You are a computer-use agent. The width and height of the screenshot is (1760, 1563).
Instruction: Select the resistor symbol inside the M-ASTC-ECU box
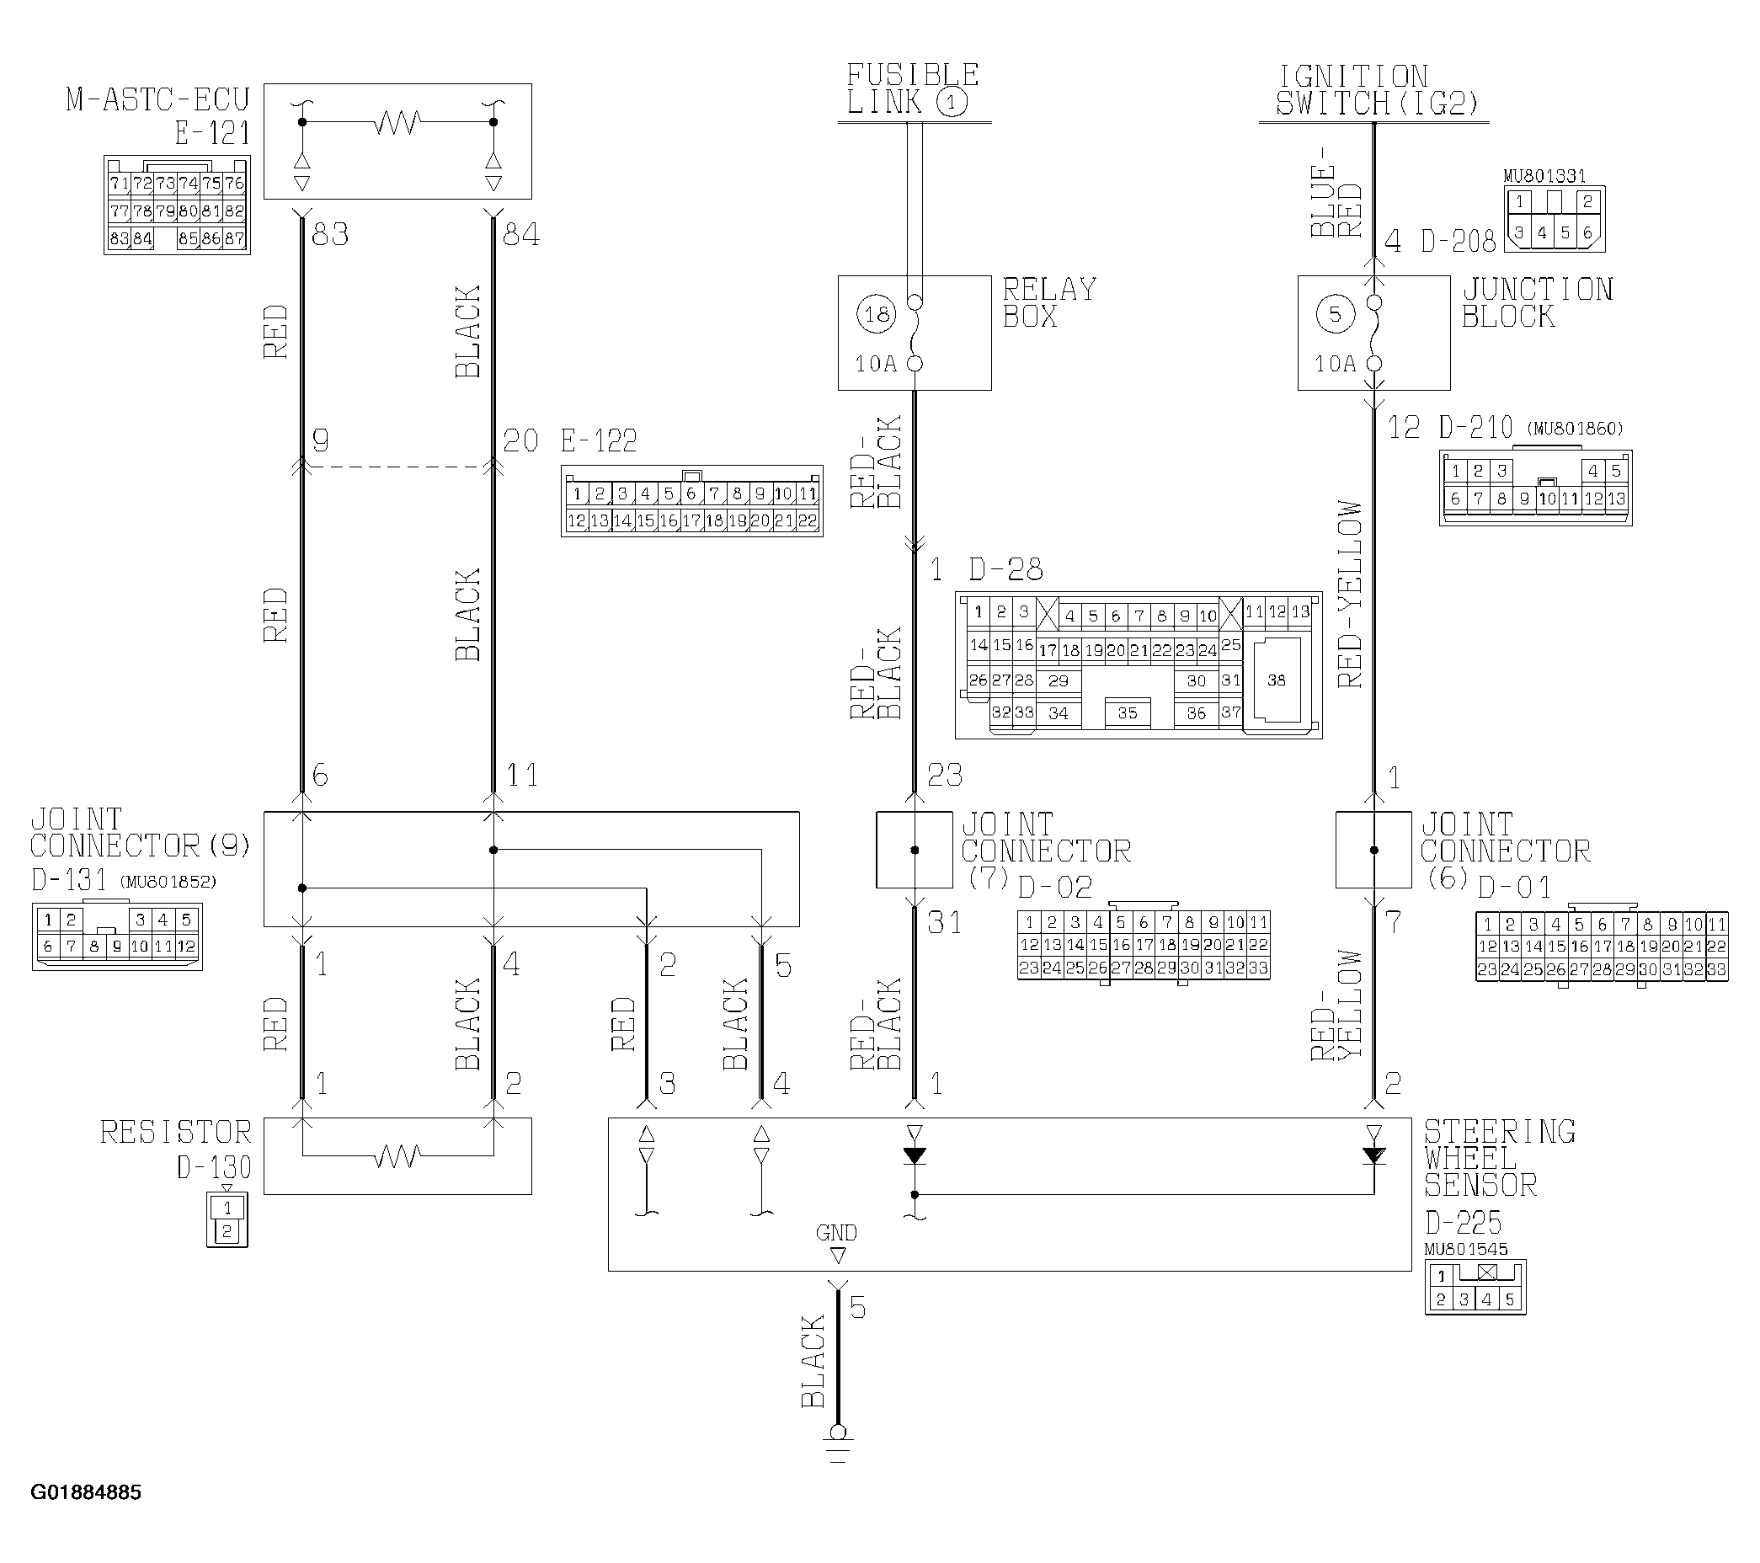click(397, 122)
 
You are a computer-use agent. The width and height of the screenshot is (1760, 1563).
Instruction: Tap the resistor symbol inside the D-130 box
click(397, 1155)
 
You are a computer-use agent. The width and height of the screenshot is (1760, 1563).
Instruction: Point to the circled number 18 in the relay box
click(877, 314)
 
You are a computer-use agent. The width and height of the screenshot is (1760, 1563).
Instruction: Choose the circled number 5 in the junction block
click(1336, 314)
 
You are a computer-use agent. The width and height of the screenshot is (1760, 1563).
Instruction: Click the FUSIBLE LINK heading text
click(913, 88)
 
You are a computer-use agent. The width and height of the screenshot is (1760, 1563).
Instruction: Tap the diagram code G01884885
click(86, 1492)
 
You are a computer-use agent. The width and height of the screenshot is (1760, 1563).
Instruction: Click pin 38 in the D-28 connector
click(1276, 680)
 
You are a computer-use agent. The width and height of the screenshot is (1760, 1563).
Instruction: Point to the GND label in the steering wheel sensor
click(836, 1233)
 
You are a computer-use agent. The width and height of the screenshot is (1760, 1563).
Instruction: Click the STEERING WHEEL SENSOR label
click(1499, 1158)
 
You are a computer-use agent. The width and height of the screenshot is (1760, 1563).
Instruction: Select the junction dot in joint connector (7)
click(915, 850)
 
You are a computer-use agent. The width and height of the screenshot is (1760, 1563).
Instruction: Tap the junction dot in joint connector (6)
click(1374, 850)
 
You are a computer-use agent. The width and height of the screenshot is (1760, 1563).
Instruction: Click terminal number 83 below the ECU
click(331, 234)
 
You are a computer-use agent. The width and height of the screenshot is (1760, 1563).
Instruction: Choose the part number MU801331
click(1544, 177)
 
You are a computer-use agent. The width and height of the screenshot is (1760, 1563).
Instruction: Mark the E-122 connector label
click(600, 441)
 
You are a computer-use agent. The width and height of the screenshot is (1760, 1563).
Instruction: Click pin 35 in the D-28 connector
click(1127, 713)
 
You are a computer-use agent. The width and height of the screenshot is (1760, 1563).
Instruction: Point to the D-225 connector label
click(1463, 1223)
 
